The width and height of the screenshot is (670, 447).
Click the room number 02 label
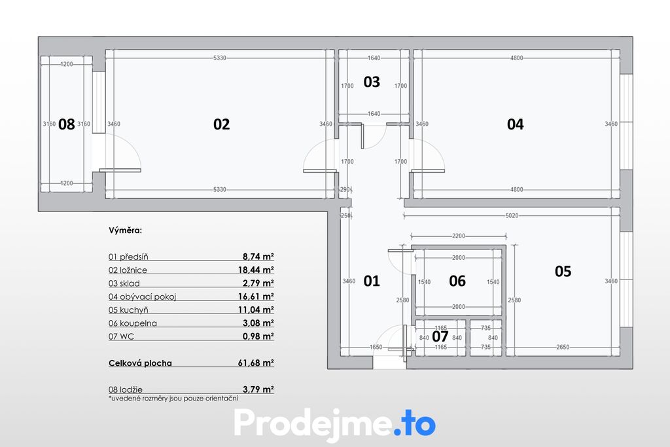(x=221, y=124)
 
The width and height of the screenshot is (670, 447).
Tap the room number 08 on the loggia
(x=66, y=124)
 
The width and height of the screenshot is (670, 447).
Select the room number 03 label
(x=372, y=82)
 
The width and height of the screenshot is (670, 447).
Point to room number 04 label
(x=516, y=124)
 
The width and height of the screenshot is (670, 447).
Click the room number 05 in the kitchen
(x=563, y=271)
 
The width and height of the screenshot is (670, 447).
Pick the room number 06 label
(x=457, y=281)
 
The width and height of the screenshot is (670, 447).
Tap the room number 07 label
(x=440, y=336)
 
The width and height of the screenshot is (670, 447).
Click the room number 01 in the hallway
(x=372, y=281)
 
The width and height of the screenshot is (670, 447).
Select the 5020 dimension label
(x=512, y=215)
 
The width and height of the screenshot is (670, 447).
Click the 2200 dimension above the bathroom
(x=459, y=236)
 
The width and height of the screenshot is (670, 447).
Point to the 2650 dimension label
(x=563, y=347)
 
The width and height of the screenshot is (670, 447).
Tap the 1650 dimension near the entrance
(x=376, y=347)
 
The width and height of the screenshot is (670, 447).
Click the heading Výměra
(x=125, y=230)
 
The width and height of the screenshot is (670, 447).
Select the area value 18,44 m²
(x=256, y=270)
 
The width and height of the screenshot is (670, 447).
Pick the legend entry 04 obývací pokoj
(x=142, y=296)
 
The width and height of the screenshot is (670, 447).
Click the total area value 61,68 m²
(x=256, y=363)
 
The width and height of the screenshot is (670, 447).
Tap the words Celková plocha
(x=140, y=363)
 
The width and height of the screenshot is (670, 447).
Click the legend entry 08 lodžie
(x=126, y=389)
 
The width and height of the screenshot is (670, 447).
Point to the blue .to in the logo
(x=414, y=423)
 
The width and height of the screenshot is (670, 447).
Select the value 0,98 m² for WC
(x=258, y=336)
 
